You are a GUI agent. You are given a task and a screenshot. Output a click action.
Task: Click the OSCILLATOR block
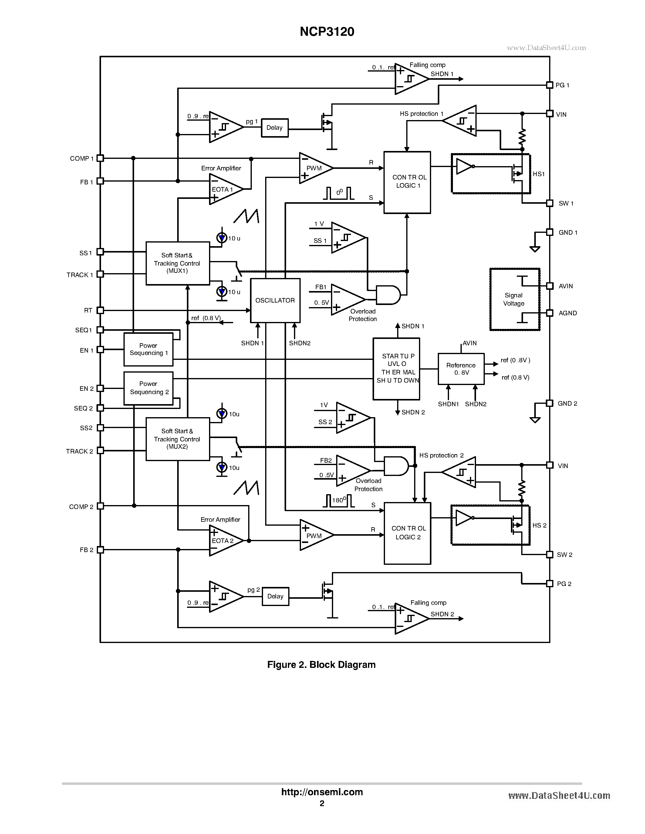click(275, 300)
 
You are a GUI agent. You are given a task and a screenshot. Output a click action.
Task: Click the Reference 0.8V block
click(461, 369)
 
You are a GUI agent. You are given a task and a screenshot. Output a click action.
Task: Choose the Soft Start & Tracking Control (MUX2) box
click(178, 439)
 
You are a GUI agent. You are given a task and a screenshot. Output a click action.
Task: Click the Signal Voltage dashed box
click(514, 300)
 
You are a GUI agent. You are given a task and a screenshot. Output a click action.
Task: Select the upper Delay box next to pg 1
click(274, 128)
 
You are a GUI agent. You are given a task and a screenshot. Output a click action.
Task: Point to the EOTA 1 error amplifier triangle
click(224, 189)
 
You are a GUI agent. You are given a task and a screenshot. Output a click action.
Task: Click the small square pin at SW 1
click(549, 203)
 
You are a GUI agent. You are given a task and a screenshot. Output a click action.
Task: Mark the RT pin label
click(88, 310)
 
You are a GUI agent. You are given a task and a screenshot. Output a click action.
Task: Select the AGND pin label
click(567, 313)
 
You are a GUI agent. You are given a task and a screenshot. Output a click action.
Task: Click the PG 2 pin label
click(564, 584)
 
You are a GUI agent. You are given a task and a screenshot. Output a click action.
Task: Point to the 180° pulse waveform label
click(339, 501)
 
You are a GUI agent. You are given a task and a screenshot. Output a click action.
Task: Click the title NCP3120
click(327, 32)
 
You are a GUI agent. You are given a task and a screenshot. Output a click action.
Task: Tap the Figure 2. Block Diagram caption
click(321, 665)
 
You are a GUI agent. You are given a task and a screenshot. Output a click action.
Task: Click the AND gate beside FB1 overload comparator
click(387, 295)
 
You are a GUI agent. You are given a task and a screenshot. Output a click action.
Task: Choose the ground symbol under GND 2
click(535, 420)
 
